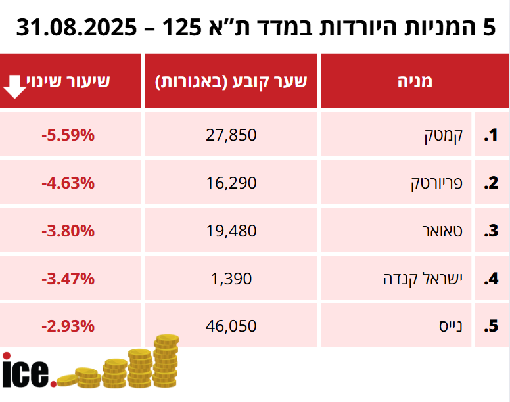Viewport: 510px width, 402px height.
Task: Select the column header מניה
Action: tap(415, 81)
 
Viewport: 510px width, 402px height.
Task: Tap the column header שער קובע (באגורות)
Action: tap(231, 81)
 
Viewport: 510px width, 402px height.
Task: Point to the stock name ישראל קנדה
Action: tap(424, 279)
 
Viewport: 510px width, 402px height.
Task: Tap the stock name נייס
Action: tap(451, 326)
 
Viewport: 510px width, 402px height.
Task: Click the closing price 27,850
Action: tap(231, 135)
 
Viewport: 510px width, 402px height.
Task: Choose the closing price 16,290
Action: tap(231, 183)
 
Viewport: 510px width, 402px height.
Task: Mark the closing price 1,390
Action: tap(231, 279)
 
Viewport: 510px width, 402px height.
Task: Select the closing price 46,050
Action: tap(231, 326)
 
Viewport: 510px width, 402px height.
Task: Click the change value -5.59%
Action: tap(68, 135)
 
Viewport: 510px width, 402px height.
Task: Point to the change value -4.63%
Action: tap(68, 183)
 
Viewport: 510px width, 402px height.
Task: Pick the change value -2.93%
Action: tap(68, 326)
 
